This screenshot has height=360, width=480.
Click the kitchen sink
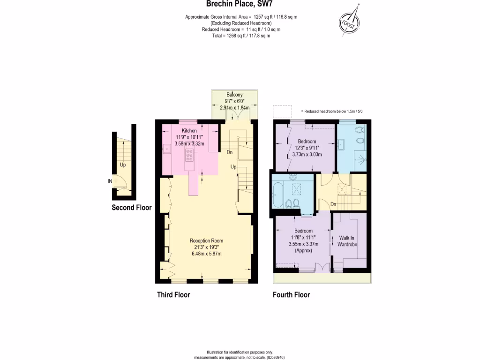pos(167,150)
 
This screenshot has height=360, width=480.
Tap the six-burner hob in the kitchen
pos(189,154)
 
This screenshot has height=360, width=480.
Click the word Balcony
pos(234,94)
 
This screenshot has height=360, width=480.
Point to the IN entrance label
pos(109,181)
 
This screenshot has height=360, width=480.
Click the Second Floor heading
pos(131,208)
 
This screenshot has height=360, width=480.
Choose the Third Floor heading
pos(173,295)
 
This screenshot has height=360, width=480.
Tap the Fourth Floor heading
pos(291,295)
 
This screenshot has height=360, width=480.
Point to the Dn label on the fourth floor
pos(333,204)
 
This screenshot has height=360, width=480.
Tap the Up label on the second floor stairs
pos(123,165)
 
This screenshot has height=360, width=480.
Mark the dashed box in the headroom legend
pos(283,111)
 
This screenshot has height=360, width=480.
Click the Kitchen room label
pos(189,130)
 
